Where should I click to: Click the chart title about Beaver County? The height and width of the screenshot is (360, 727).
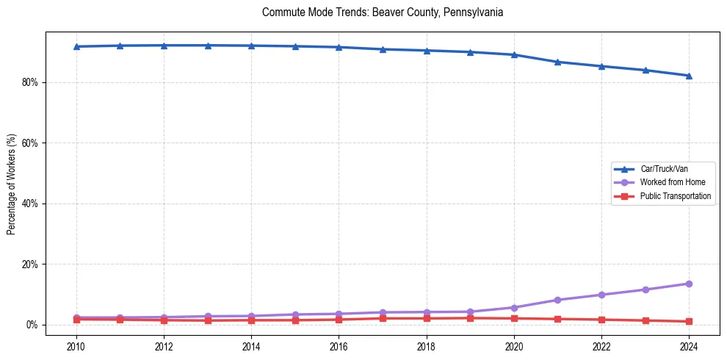pyautogui.click(x=382, y=12)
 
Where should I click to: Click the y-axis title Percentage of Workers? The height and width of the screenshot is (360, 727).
pyautogui.click(x=11, y=184)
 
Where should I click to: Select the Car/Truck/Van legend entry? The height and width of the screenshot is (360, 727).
pyautogui.click(x=664, y=169)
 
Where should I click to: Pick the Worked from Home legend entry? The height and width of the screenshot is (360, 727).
pyautogui.click(x=673, y=182)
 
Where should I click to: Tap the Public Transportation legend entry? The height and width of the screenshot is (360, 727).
pyautogui.click(x=676, y=196)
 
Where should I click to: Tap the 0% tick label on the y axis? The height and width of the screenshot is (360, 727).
pyautogui.click(x=31, y=325)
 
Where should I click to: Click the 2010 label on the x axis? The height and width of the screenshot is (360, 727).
pyautogui.click(x=76, y=345)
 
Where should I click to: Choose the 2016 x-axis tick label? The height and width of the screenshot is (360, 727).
pyautogui.click(x=339, y=345)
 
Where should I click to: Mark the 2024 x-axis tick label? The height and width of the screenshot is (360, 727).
pyautogui.click(x=689, y=345)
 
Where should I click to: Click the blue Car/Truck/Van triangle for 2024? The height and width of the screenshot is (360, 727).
pyautogui.click(x=689, y=76)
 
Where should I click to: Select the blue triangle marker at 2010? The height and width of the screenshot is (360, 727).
pyautogui.click(x=76, y=46)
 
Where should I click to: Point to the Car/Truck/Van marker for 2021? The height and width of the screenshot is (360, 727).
pyautogui.click(x=557, y=62)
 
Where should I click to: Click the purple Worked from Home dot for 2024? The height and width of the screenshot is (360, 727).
pyautogui.click(x=689, y=284)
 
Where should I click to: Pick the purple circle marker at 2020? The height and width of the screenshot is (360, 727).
pyautogui.click(x=514, y=308)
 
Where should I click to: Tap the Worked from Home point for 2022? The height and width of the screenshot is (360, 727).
pyautogui.click(x=601, y=295)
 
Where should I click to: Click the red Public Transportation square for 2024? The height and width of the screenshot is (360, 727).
pyautogui.click(x=689, y=321)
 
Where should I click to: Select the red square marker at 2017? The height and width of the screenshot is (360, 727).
pyautogui.click(x=383, y=318)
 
